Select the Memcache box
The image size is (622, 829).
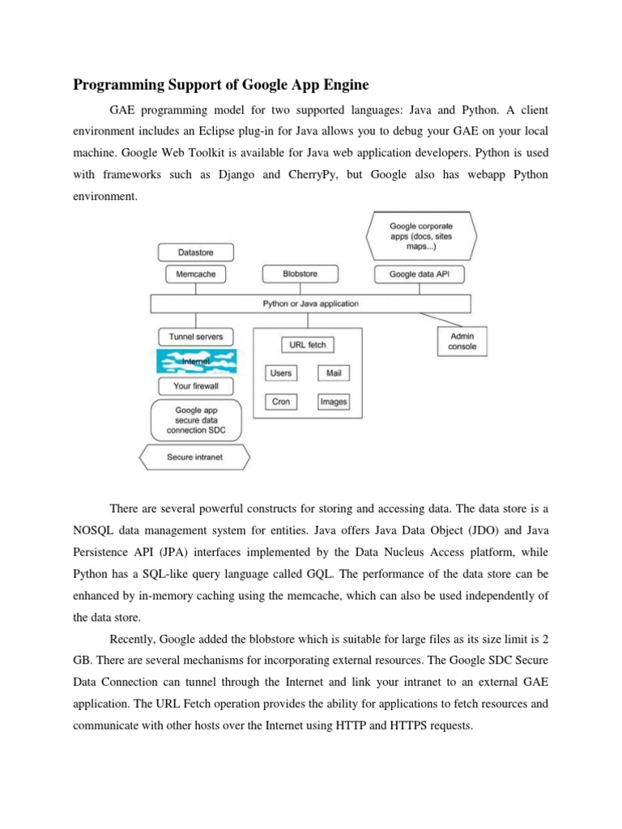(x=196, y=274)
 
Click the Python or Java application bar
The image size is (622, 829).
(x=310, y=304)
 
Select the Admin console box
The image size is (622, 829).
(x=462, y=341)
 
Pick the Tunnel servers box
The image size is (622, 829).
(x=196, y=336)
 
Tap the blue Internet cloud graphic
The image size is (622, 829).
(x=196, y=360)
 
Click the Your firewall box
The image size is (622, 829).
(x=196, y=385)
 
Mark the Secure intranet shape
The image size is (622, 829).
(x=194, y=457)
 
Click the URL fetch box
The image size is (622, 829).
(x=307, y=345)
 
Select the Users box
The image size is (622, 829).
(x=281, y=373)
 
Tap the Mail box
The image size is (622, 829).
(x=333, y=373)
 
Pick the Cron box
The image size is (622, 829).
(x=281, y=402)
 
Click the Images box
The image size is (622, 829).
(x=333, y=402)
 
